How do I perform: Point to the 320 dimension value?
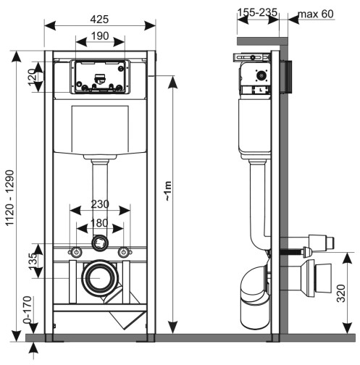pos(340,296)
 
